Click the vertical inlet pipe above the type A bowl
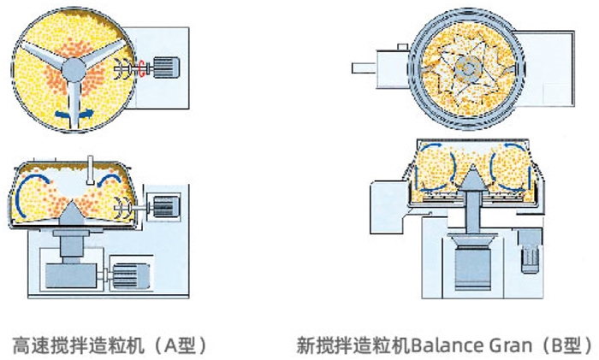coord(90,167)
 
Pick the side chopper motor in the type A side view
coord(163,205)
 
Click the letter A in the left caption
coord(168,346)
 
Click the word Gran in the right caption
coord(507,346)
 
